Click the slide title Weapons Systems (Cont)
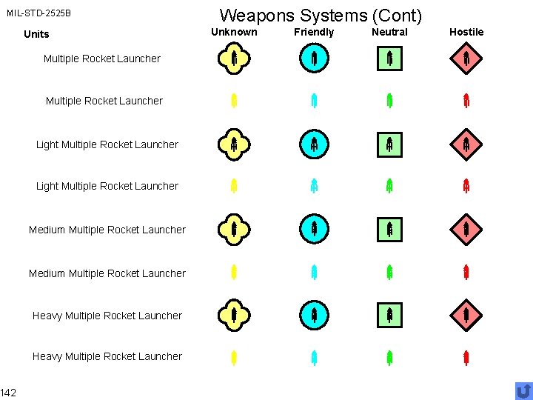pos(321,15)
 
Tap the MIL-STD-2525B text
pos(39,13)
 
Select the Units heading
pos(36,34)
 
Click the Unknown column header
pos(234,32)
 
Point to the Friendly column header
pos(314,32)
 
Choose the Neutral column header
pos(389,32)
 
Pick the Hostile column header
pos(466,32)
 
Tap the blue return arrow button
pos(523,390)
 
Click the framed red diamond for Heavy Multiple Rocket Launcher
pos(466,316)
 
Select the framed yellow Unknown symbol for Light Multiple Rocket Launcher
pos(234,144)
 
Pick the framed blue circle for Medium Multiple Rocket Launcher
pos(314,230)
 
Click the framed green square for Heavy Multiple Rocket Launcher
pos(389,316)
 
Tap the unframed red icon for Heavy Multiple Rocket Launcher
pos(466,359)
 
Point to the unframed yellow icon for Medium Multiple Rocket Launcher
pos(234,273)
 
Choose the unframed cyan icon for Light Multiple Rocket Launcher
pos(314,186)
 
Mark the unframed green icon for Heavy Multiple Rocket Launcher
pos(389,359)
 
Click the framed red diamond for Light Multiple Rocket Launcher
pos(466,144)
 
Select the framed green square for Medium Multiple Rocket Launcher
pos(389,230)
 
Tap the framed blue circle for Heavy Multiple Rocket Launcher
pos(314,316)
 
